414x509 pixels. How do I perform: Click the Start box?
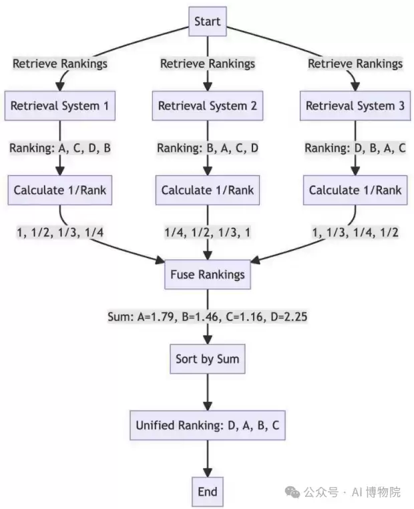tap(208, 21)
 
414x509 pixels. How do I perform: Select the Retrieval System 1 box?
tap(60, 106)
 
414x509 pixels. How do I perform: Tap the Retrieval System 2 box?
tap(208, 106)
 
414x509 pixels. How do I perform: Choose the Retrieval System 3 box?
tap(355, 106)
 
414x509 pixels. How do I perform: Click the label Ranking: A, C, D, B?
tap(60, 148)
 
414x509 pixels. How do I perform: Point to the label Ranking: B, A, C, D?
tap(208, 148)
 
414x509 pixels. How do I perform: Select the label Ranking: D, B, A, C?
tap(355, 148)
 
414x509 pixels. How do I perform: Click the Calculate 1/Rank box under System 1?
tap(60, 190)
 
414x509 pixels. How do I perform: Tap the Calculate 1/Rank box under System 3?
tap(355, 190)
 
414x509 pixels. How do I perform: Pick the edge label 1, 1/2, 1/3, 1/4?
tap(60, 232)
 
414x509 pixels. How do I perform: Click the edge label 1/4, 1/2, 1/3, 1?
tap(208, 232)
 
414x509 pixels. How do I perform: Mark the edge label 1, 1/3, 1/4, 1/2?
tap(355, 232)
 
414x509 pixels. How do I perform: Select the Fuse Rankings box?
tap(208, 275)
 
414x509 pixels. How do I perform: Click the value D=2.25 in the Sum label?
tap(289, 317)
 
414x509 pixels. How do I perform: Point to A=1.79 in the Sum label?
tap(156, 317)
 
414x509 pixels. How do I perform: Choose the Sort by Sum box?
tap(208, 359)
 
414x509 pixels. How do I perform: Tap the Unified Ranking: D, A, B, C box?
tap(208, 425)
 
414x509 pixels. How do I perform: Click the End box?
tap(208, 492)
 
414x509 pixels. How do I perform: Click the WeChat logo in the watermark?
tap(292, 492)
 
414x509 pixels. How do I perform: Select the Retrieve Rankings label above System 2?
tap(208, 64)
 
